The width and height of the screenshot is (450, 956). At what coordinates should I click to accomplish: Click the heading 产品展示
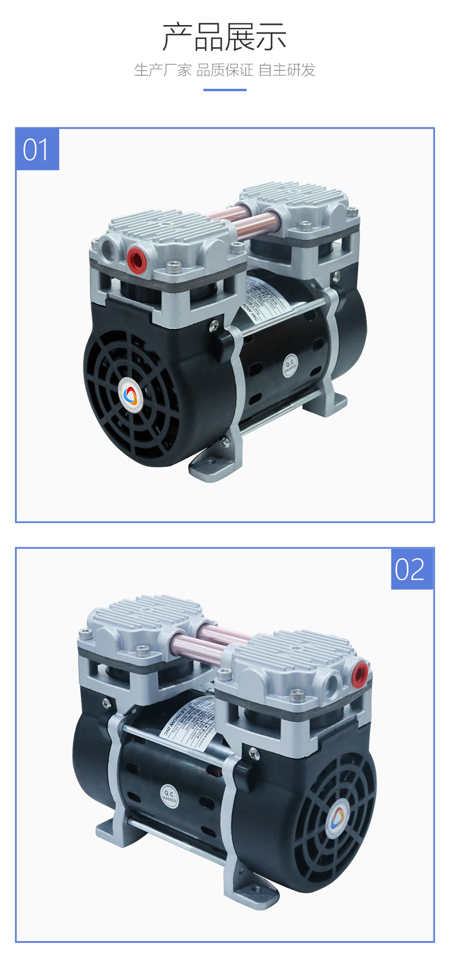(x=224, y=37)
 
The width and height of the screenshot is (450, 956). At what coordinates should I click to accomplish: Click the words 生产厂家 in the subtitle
(x=162, y=70)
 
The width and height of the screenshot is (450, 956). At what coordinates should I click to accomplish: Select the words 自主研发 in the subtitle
(x=287, y=70)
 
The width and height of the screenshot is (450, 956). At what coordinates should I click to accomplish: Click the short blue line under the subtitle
(x=224, y=89)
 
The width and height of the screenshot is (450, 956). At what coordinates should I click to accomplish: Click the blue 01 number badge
(x=37, y=149)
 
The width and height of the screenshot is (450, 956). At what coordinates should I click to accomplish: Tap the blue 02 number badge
(x=411, y=569)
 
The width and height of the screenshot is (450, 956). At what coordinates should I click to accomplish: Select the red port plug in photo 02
(x=359, y=674)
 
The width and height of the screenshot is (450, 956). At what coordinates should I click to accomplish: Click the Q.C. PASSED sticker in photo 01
(x=291, y=366)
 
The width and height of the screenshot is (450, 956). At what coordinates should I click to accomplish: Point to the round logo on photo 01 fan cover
(x=131, y=396)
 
